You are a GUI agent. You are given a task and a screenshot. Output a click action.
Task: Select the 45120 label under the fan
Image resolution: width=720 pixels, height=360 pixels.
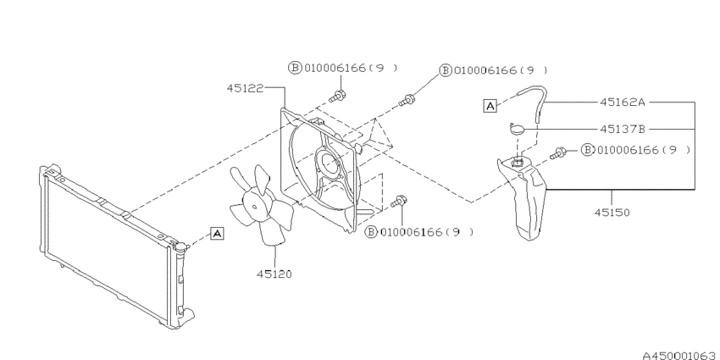click(273, 274)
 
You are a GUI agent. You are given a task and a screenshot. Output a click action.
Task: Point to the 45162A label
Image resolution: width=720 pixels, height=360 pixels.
click(623, 102)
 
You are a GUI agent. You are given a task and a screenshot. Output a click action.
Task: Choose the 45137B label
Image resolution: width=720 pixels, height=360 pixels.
click(623, 130)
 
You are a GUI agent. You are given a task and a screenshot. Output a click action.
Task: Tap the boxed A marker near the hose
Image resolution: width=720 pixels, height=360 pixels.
click(490, 106)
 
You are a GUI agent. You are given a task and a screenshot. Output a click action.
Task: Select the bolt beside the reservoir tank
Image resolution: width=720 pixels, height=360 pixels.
click(560, 154)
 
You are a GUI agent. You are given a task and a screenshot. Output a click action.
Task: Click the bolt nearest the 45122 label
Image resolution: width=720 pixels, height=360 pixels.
click(339, 95)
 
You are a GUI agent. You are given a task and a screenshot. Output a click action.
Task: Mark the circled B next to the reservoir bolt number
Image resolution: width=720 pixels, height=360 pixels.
click(585, 150)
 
